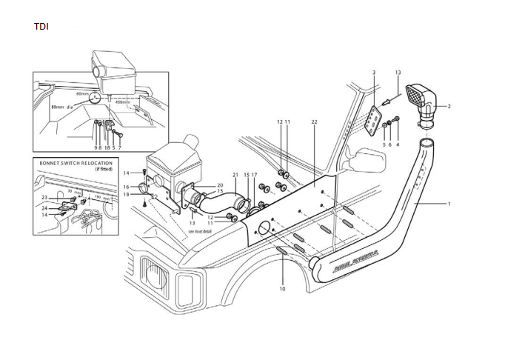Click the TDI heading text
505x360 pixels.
(x=42, y=27)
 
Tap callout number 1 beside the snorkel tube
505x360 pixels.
(x=449, y=203)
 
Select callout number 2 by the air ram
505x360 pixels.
(x=375, y=73)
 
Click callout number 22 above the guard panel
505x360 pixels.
(x=314, y=121)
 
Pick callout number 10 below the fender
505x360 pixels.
(x=282, y=289)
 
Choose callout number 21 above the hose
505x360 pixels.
(x=234, y=175)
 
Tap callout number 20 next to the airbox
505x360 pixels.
(x=220, y=184)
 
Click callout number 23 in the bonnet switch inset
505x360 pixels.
(x=44, y=198)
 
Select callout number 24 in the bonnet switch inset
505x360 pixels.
(x=44, y=208)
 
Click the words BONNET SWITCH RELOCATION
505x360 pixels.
(x=72, y=163)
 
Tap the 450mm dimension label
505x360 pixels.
(x=133, y=103)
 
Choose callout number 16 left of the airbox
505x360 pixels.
(x=126, y=187)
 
